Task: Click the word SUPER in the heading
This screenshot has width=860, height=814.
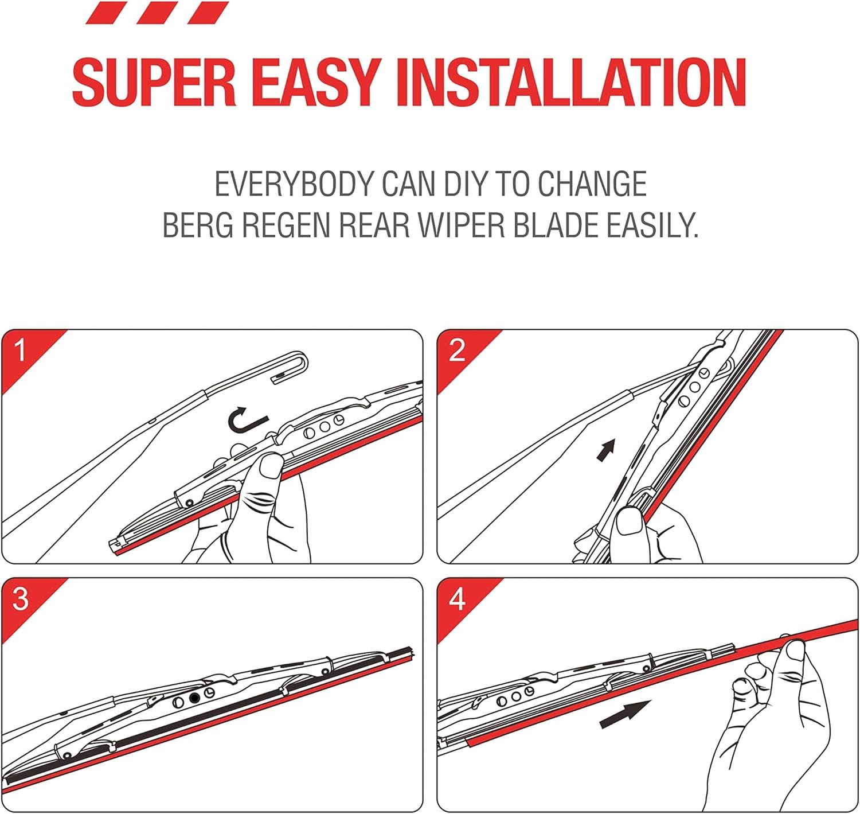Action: click(x=154, y=82)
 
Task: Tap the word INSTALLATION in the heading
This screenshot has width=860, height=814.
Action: click(x=570, y=82)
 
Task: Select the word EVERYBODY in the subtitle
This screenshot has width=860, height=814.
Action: click(x=294, y=184)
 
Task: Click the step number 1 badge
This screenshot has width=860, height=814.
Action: click(x=21, y=350)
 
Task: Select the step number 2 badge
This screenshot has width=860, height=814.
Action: click(x=457, y=350)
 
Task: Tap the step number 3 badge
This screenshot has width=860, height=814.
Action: click(x=21, y=599)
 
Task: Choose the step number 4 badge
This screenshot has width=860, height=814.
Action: click(x=457, y=599)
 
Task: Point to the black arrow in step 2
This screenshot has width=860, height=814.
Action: click(x=606, y=450)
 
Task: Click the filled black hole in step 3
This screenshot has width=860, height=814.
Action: click(x=195, y=698)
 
